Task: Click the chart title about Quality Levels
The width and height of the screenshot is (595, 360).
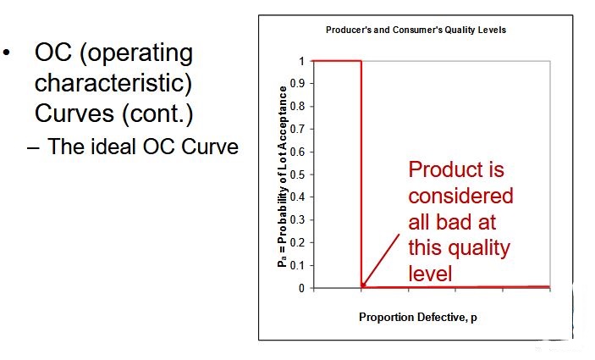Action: coord(416,30)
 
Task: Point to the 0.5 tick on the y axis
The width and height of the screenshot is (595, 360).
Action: coord(297,174)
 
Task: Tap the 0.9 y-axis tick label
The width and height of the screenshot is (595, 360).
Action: coord(297,84)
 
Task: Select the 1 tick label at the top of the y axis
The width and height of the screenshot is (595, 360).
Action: coord(301,61)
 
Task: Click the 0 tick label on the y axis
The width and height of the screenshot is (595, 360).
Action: coord(301,289)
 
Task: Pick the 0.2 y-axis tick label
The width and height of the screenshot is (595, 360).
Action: coord(297,242)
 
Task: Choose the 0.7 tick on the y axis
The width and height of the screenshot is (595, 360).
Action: coord(297,129)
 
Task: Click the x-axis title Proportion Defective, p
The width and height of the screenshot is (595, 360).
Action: coord(418,318)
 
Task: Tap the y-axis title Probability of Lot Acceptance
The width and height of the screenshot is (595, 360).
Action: coord(283,176)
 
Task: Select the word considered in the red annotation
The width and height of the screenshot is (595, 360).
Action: coord(460,196)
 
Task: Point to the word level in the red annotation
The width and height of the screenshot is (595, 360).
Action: coord(430,274)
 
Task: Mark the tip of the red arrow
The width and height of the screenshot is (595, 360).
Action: coord(362,286)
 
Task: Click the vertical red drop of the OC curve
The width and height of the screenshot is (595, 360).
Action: coord(361,174)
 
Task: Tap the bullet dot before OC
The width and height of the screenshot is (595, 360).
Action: coord(6,53)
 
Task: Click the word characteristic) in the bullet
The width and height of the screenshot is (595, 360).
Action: coord(113,83)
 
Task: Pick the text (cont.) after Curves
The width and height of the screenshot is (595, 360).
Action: coord(157,114)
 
